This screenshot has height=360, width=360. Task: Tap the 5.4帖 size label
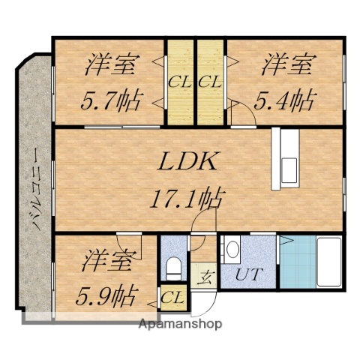point(286,97)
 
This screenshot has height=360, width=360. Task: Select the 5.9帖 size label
point(106,295)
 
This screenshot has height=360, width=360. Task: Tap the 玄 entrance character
point(203,276)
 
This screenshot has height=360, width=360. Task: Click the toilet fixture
point(173,266)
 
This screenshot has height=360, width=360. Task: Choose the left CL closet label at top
point(178,82)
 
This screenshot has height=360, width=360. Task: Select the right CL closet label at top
point(210,82)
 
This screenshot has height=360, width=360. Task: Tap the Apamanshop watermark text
point(180,325)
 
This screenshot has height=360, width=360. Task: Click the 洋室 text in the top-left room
point(109,64)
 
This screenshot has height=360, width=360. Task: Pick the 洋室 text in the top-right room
point(286,64)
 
